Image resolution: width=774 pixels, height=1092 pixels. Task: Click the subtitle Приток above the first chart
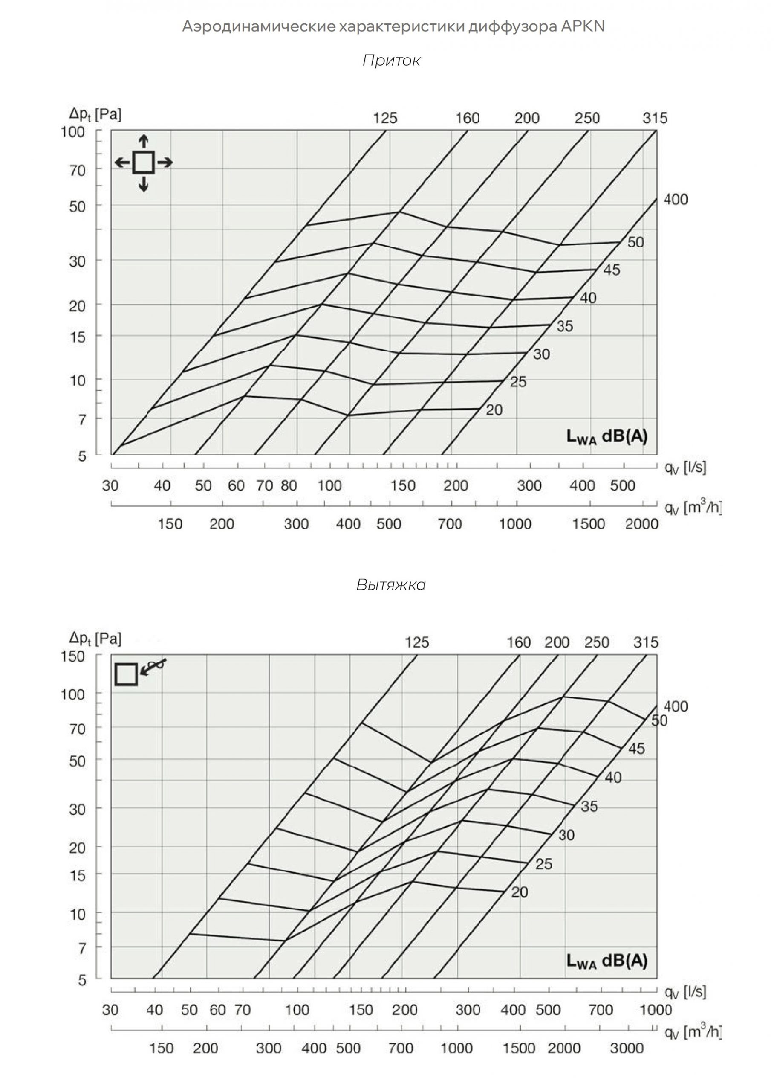point(391,61)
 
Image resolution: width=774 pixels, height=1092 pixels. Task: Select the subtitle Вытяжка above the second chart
point(391,585)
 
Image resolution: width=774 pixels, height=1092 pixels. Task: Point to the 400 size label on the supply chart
point(676,199)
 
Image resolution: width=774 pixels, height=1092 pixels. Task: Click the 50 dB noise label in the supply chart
point(635,242)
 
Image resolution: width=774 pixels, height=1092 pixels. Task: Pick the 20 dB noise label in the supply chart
point(494,410)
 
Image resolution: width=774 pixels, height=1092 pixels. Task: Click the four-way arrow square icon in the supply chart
point(144,163)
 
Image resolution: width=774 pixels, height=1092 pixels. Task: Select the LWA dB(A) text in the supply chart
point(607,436)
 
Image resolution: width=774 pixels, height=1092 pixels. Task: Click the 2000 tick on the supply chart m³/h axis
point(641,524)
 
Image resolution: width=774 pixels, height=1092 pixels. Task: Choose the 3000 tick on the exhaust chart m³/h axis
point(627,1048)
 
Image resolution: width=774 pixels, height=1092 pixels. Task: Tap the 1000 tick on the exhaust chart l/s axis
point(656,1010)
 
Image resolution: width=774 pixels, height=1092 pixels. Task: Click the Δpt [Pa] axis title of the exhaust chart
point(95,638)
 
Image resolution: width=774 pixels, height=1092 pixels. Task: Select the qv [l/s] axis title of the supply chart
point(685,468)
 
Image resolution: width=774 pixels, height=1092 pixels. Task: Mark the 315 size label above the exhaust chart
point(645,642)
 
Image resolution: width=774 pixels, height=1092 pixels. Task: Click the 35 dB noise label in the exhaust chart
point(589,806)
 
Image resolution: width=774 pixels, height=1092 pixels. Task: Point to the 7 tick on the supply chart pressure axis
point(82,420)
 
